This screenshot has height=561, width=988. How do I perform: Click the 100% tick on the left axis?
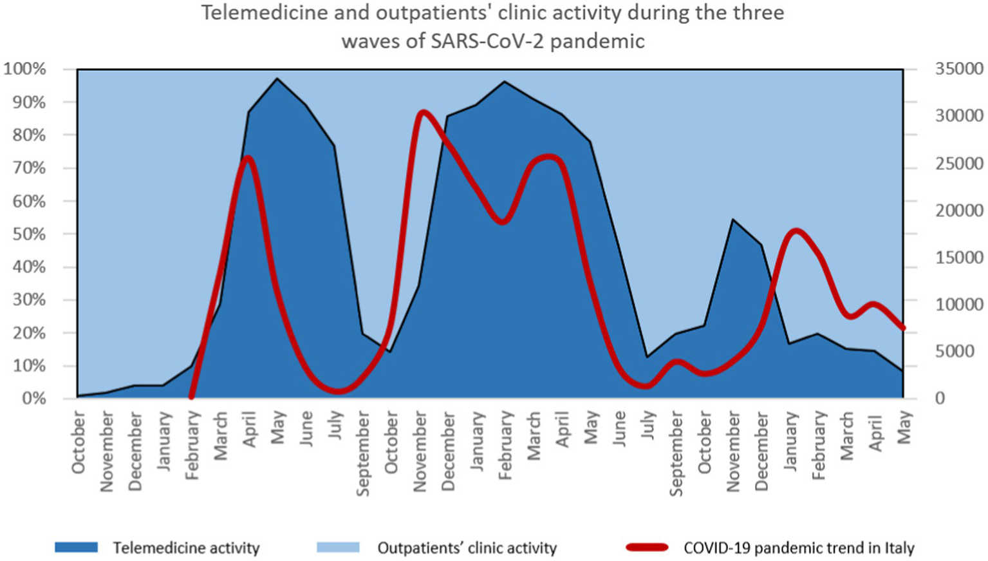point(24,69)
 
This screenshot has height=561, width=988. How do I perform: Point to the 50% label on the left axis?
point(28,234)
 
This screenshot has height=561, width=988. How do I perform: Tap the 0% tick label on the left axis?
point(32,399)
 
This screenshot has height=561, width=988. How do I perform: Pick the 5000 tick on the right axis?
point(963,351)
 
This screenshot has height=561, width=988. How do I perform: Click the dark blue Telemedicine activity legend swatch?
point(76,547)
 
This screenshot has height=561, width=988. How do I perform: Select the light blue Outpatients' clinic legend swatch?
point(338,547)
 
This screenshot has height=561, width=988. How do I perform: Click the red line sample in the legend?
point(647,547)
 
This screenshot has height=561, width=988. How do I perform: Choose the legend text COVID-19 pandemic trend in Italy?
point(798,548)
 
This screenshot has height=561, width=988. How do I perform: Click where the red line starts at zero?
point(191,397)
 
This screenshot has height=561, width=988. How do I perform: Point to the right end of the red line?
point(903,328)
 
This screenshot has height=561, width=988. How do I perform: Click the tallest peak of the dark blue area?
point(277,79)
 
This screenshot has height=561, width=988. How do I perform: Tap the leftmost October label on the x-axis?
point(79,443)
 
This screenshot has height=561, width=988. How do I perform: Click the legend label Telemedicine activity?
point(186,548)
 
